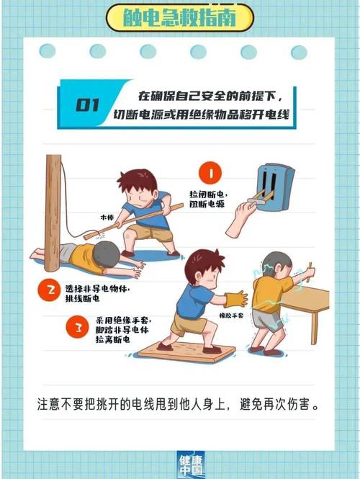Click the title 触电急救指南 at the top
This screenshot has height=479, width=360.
179,16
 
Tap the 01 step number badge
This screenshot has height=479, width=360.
87,105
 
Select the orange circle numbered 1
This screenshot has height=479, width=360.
210,174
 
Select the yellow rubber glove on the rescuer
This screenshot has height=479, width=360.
235,299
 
